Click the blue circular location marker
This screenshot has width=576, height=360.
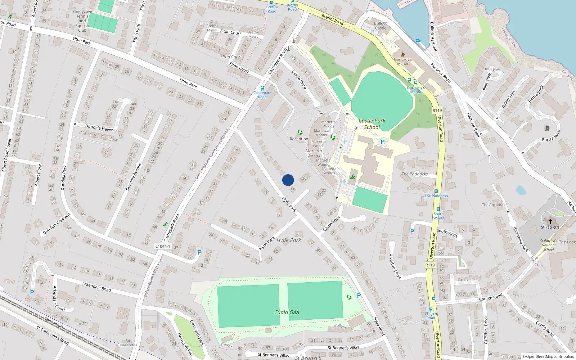pos(288,180)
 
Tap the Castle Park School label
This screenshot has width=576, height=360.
pos(372,124)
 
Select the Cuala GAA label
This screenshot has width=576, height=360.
pos(287,312)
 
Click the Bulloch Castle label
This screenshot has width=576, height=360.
pos(381,26)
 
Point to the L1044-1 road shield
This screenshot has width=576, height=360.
pos(162,246)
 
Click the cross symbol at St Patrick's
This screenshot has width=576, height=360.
pos(550,221)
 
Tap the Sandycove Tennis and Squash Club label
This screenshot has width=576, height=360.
pos(82,21)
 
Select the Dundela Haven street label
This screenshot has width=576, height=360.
pos(99,128)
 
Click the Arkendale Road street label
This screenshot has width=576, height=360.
pos(96,287)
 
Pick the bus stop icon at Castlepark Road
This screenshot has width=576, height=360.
pos(262,88)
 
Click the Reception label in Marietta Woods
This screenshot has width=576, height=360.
pos(299,139)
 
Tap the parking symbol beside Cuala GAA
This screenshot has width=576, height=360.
pos(359,296)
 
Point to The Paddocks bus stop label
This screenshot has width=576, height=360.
pos(436,196)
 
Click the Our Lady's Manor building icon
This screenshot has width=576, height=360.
pos(403,54)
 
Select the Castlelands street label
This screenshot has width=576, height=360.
pos(331,224)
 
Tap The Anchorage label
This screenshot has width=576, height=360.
pos(495,205)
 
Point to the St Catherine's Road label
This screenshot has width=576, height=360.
pos(53,335)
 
